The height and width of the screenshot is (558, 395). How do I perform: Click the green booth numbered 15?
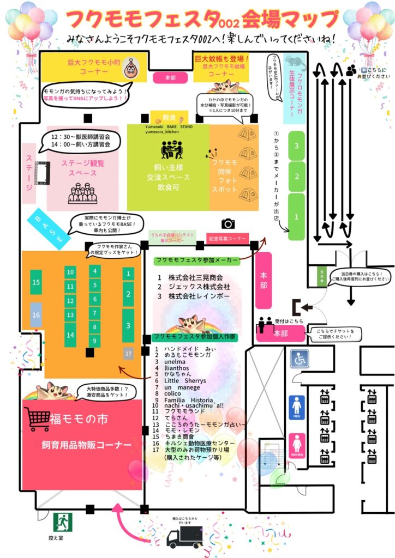[x=36, y=282]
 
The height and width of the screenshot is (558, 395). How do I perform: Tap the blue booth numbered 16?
[x=36, y=315]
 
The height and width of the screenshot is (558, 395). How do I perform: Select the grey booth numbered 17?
[x=128, y=354]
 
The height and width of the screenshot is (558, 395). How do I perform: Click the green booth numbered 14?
[x=70, y=335]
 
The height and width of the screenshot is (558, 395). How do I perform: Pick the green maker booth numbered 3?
[x=296, y=146]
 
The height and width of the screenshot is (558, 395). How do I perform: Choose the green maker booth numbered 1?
[x=296, y=216]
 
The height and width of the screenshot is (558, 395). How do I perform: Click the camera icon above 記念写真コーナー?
[x=228, y=223]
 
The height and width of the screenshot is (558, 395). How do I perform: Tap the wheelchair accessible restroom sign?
[x=299, y=359]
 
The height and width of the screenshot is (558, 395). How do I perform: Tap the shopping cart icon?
[x=38, y=419]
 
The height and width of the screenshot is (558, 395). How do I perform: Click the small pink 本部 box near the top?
[x=170, y=78]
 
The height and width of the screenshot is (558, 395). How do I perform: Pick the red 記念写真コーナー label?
[x=228, y=238]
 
